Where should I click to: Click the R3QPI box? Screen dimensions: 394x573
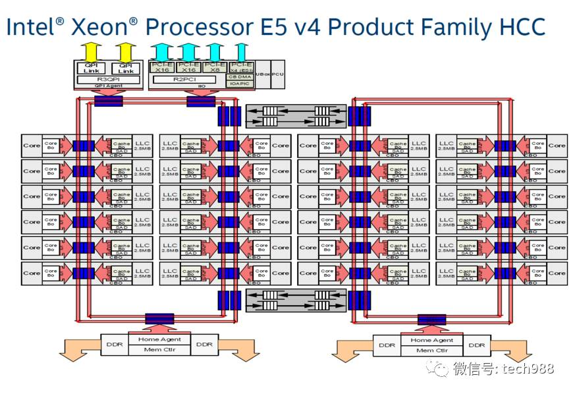pos(108,79)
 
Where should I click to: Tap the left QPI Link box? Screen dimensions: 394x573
pos(90,68)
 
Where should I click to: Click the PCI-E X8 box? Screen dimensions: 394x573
pos(213,67)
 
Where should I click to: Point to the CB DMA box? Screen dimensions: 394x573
pos(240,76)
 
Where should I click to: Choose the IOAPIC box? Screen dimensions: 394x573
pos(240,84)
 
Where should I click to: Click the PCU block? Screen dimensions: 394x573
pos(278,74)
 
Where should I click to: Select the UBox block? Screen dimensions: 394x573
pos(262,74)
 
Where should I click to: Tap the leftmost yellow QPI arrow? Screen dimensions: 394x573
pos(91,51)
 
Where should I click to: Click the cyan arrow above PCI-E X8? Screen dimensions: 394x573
pos(214,51)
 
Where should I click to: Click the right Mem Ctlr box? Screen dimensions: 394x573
pos(431,350)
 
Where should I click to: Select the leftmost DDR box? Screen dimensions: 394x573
pos(111,344)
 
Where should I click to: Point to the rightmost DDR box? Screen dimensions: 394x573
pos(477,345)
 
